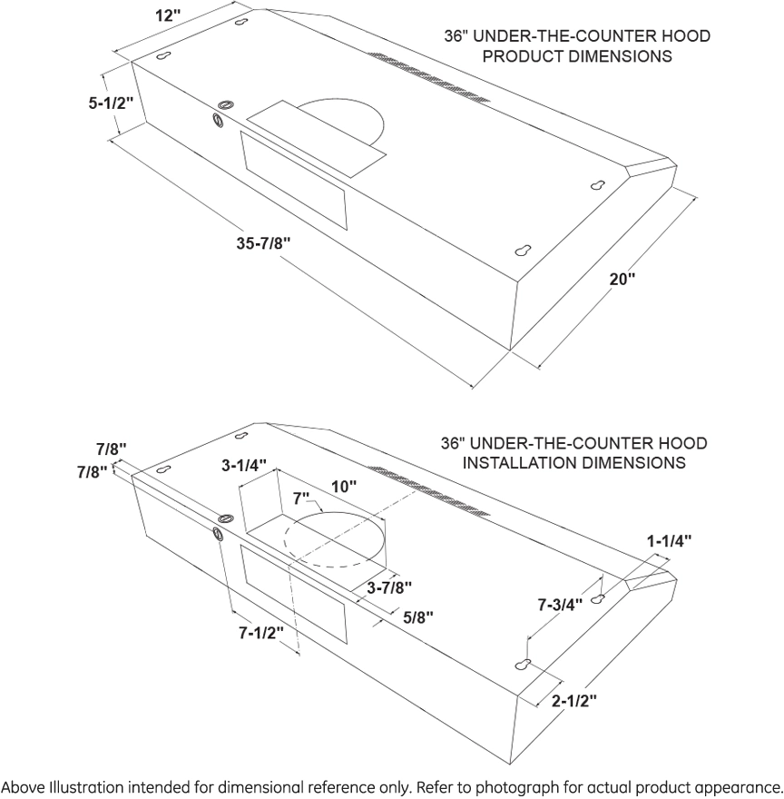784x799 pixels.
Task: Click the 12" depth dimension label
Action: point(168,15)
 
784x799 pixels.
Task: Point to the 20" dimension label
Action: point(622,280)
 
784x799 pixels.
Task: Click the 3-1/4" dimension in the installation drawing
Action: point(244,465)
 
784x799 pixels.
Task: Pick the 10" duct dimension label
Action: point(344,487)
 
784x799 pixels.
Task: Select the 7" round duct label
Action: point(301,498)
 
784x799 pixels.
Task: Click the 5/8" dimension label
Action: point(418,617)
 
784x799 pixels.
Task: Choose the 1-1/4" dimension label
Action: point(669,540)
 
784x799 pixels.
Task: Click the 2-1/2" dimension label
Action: point(573,700)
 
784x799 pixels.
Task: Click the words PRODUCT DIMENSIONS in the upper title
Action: point(577,56)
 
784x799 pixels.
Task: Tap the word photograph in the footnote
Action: point(534,784)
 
